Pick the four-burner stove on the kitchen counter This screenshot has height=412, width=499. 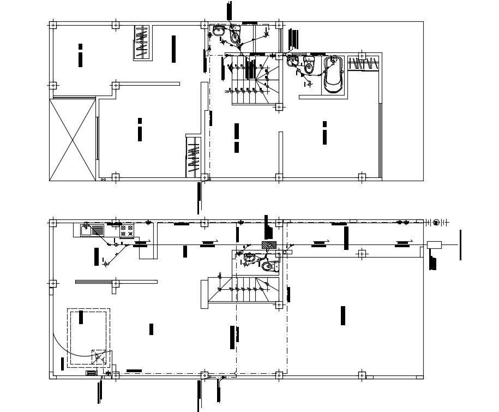127,231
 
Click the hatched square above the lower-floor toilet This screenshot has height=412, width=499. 267,245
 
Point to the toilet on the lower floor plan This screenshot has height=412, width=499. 267,266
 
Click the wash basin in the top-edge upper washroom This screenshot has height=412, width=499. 218,32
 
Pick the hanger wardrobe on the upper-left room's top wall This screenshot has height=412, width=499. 143,43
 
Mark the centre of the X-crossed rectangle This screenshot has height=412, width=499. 73,139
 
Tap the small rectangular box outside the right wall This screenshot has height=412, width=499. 434,244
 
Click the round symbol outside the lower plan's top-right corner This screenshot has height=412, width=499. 436,222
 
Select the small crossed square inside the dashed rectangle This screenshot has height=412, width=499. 99,358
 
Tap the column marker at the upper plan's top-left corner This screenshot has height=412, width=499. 53,25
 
